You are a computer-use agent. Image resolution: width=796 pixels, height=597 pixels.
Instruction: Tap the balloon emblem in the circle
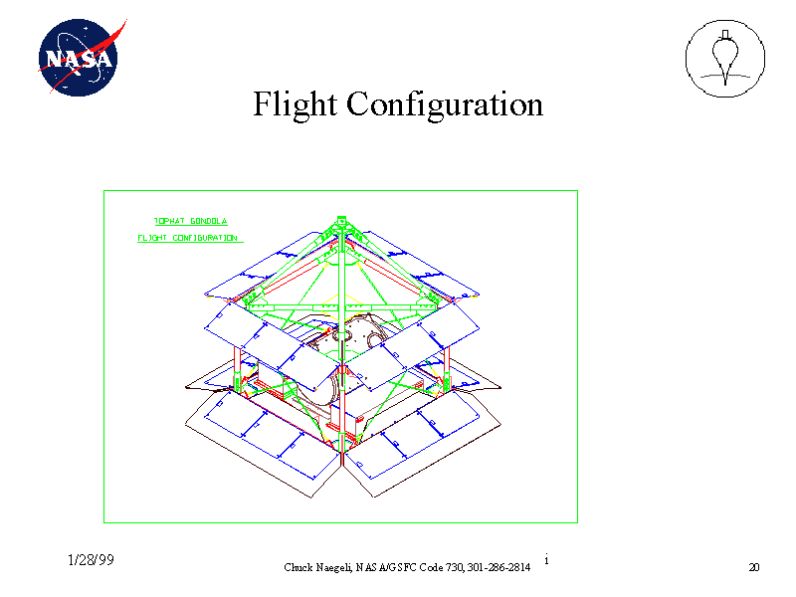click(724, 60)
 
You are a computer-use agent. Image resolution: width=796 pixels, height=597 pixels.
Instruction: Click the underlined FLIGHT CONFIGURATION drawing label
click(187, 238)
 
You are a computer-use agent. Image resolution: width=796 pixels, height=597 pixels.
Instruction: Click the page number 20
click(753, 567)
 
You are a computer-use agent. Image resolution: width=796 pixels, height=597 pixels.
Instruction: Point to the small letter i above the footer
click(547, 559)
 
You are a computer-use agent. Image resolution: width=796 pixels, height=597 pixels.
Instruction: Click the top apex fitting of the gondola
click(340, 221)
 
